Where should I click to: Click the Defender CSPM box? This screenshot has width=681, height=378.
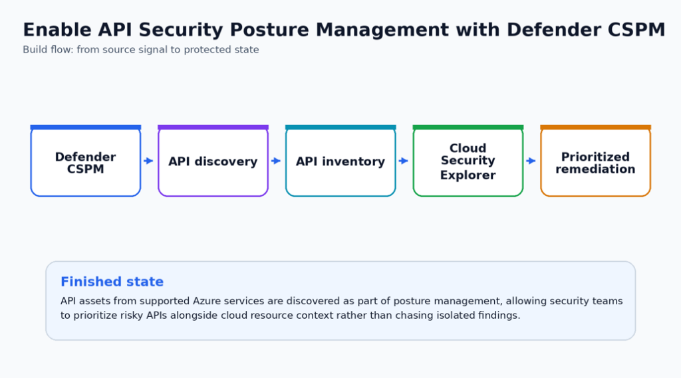(86, 161)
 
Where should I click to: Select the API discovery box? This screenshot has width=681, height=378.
(213, 161)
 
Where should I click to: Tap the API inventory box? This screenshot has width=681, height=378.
(340, 161)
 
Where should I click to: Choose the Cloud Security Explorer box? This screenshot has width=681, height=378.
(468, 161)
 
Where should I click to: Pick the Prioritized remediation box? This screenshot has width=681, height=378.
(595, 161)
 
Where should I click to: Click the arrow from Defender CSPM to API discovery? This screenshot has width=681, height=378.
(148, 161)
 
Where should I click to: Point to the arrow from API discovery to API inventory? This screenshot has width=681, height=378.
(276, 161)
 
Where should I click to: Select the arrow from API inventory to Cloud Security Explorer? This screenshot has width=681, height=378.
(404, 161)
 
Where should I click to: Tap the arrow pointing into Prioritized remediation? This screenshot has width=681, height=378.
(531, 161)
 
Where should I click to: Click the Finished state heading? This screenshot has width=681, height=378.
(112, 282)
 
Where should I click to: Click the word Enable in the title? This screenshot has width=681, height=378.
(57, 30)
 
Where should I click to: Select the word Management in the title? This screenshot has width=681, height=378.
(382, 31)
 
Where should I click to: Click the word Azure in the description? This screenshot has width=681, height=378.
(206, 301)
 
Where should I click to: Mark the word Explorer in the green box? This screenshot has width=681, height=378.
(468, 175)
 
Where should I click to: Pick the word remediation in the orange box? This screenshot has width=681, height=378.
(595, 169)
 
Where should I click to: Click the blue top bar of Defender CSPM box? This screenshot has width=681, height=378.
(86, 127)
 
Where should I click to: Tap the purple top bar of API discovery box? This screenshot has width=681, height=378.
(213, 127)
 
